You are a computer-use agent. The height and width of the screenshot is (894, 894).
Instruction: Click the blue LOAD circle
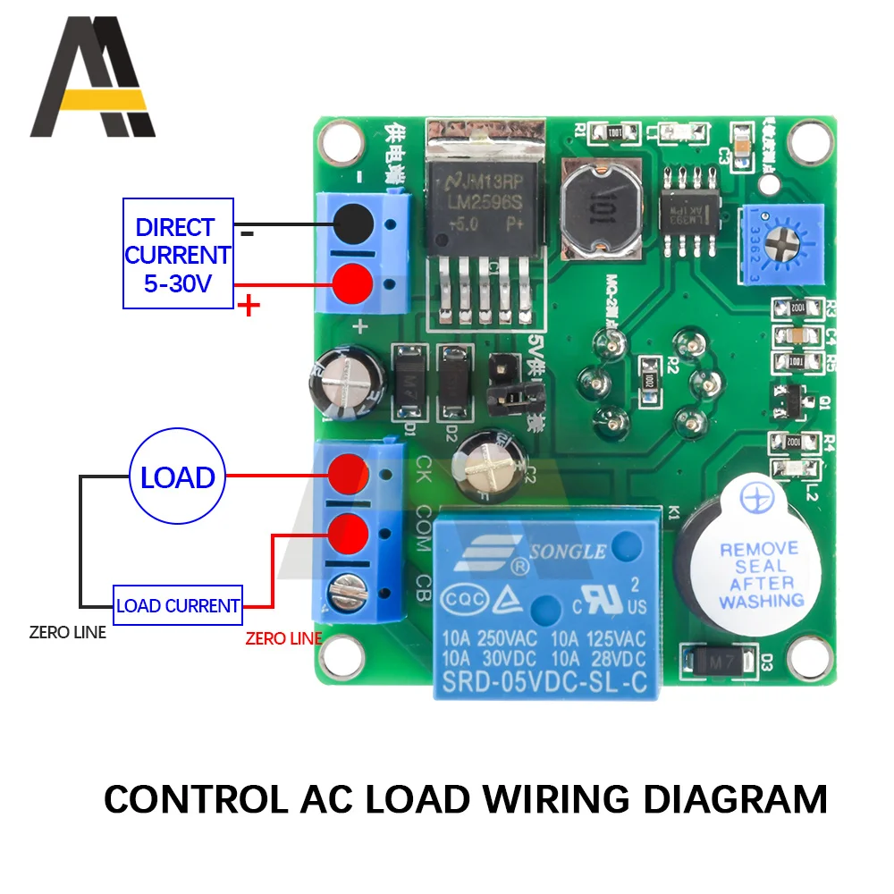click(x=177, y=477)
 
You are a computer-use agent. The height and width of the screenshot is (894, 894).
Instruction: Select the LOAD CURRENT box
click(x=178, y=605)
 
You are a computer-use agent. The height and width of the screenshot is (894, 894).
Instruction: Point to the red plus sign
click(x=249, y=308)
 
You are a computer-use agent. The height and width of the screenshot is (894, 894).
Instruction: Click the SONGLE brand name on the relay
click(x=566, y=552)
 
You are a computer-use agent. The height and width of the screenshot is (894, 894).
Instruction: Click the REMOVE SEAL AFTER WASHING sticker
click(x=761, y=574)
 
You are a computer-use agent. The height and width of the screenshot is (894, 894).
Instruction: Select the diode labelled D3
click(x=725, y=661)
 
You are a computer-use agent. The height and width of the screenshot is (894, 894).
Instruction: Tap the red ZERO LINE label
click(x=283, y=638)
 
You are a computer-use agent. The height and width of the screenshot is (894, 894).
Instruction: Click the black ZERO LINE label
click(x=67, y=632)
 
